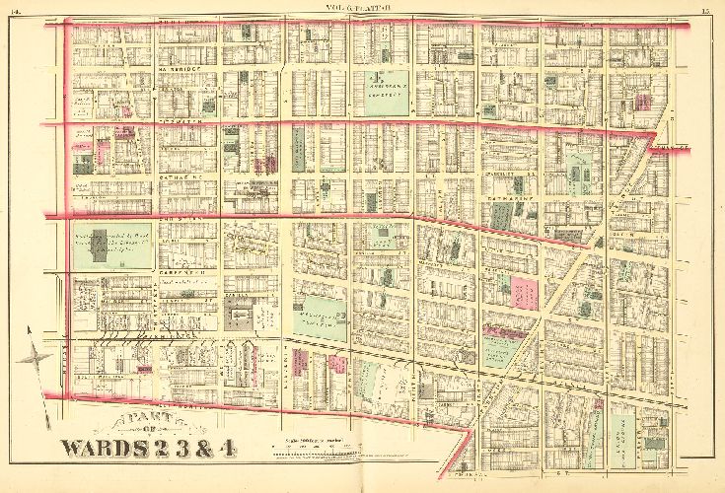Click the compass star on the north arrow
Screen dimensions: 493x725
(40, 356)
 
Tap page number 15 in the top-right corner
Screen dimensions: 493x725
(708, 11)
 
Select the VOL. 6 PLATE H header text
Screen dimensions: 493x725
(362, 10)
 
